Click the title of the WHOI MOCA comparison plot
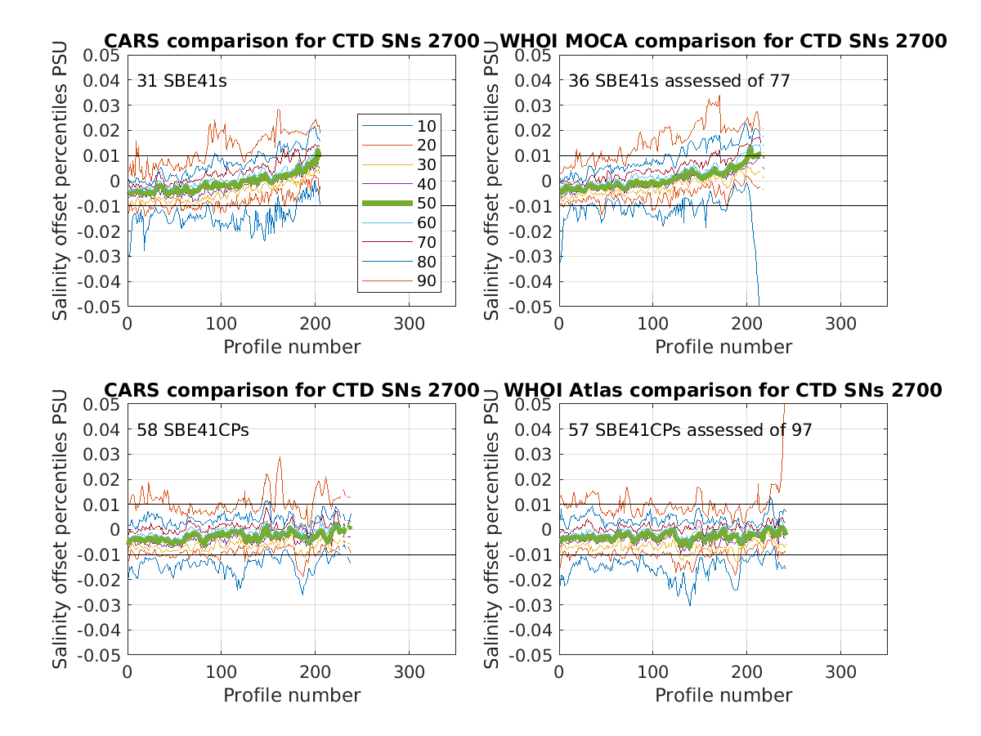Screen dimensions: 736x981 (723, 41)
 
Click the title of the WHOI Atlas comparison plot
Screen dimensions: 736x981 (723, 391)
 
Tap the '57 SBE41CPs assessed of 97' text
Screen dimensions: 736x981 (690, 429)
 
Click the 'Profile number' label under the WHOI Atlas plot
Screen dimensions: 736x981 (723, 695)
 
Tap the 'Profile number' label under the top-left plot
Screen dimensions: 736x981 (292, 347)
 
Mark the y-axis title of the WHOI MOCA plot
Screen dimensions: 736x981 (493, 180)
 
